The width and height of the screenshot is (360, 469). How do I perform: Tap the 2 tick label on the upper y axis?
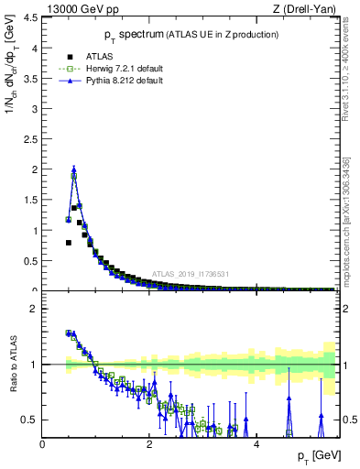35,169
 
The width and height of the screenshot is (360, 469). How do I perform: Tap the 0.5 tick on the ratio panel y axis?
30,420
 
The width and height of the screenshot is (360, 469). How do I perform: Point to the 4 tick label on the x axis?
256,444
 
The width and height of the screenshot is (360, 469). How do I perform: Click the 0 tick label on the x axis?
43,444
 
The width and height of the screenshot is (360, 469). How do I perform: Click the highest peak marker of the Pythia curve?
73,169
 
